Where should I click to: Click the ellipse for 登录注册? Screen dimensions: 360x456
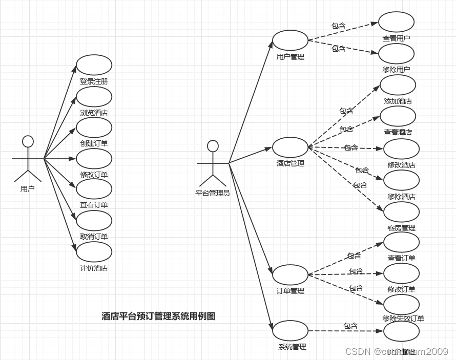tap(94, 65)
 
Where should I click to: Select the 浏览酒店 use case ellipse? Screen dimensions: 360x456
tap(94, 97)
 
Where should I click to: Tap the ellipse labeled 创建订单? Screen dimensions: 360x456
tap(94, 128)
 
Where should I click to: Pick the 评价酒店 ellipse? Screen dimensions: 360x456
tap(94, 251)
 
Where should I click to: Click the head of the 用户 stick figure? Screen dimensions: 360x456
tap(28, 141)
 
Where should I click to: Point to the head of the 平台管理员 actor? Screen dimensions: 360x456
tap(213, 146)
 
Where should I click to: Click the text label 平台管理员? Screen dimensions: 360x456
tap(213, 193)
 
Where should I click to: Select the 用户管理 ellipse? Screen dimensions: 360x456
tap(290, 40)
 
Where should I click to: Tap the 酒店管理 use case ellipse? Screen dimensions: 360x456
tap(290, 147)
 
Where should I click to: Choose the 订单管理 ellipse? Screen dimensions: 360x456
tap(290, 275)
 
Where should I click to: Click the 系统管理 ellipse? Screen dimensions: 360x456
tap(290, 331)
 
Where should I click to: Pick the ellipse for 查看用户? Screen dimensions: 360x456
tap(396, 22)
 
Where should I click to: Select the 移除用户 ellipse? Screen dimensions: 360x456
tap(396, 54)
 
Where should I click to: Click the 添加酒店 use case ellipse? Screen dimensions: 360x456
tap(398, 85)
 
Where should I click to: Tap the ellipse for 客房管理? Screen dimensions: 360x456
tap(401, 212)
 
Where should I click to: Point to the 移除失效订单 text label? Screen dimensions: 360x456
tap(403, 319)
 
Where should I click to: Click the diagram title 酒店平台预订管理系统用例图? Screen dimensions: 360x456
tap(158, 316)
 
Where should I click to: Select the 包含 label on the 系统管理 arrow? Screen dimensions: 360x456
tap(350, 326)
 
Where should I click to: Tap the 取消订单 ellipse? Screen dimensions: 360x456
tap(94, 221)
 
